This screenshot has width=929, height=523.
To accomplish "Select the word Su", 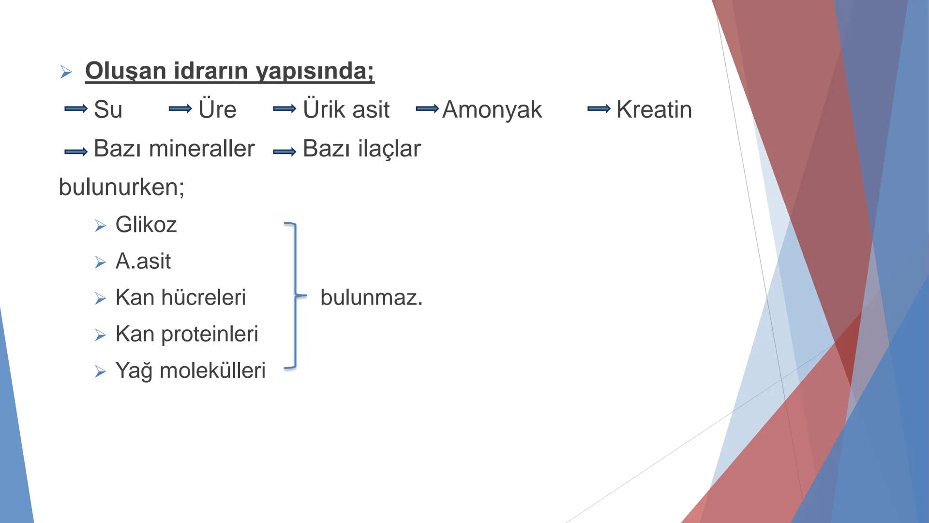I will coord(108,109).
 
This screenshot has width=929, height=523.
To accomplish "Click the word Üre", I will coord(217,109).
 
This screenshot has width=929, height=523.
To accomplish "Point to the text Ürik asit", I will coord(346,109).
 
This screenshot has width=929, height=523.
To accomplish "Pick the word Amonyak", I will coord(492,109).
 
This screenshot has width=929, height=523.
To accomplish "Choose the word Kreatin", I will coord(654,109).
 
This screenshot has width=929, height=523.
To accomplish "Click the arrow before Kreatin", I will coord(599,109).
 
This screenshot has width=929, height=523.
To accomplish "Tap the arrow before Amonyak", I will coord(427,109).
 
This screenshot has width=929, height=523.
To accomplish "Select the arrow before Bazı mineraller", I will coord(76,152).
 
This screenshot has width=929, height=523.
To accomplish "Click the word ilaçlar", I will coord(390,149).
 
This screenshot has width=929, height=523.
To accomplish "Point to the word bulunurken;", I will coord(121,187).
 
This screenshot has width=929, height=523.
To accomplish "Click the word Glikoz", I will coord(146,225).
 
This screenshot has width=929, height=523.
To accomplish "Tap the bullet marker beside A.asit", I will coord(100,262).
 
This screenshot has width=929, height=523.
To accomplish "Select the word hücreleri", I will coord(204,297).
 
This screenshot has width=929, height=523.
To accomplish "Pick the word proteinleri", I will coord(210,334).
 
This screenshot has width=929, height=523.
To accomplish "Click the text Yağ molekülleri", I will coord(191,371).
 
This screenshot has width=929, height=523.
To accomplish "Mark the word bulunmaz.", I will coord(371,297).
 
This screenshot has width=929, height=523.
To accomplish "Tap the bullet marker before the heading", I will coord(66,73).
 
